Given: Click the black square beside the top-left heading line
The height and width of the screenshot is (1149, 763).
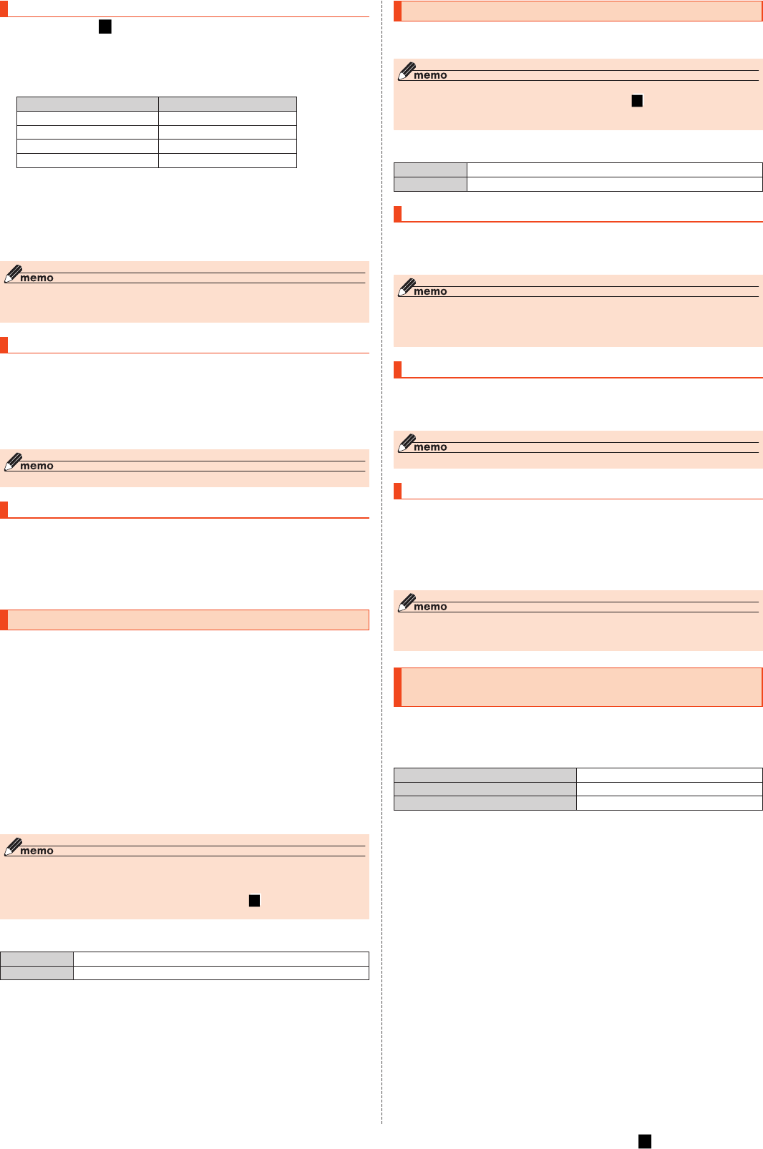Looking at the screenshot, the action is (x=105, y=27).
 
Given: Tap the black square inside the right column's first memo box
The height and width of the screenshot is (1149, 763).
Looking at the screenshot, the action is (x=637, y=101).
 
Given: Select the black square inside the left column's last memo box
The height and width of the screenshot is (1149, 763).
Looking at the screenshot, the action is (x=254, y=900).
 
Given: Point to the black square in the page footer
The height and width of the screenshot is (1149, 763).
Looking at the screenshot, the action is (x=645, y=1141).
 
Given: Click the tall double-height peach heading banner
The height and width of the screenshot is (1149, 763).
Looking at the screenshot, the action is (x=578, y=687).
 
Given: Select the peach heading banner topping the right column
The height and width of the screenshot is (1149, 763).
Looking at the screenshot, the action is (x=578, y=11).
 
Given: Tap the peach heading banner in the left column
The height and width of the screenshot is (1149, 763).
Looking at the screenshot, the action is (x=185, y=620).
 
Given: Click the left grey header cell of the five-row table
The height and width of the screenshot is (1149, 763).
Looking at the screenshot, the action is (x=87, y=104).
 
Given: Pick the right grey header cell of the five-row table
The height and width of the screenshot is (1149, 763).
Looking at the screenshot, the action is (x=227, y=104).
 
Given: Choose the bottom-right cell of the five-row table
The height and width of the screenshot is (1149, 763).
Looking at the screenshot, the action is (x=227, y=161).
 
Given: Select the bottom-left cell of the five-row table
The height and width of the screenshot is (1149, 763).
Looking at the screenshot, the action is (x=87, y=161).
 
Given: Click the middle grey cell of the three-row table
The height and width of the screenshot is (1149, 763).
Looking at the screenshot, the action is (x=485, y=789).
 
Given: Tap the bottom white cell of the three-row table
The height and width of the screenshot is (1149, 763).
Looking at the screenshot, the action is (x=669, y=803).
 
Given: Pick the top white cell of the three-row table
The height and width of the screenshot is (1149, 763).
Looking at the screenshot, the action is (x=669, y=775).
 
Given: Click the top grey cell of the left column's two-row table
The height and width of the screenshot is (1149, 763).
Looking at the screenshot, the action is (x=37, y=959).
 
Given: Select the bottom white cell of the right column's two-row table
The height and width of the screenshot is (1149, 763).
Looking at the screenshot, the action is (x=614, y=184).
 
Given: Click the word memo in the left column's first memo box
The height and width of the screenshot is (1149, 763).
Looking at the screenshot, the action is (x=37, y=278).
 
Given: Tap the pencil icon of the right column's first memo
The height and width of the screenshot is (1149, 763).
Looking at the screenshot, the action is (x=406, y=71).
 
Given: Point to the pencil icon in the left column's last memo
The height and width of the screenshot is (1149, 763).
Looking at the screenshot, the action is (x=12, y=846).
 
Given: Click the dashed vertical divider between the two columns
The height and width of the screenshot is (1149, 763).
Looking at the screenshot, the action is (x=382, y=572).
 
